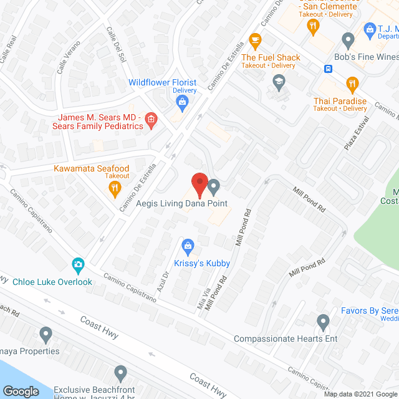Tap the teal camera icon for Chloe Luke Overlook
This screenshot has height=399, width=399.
78,265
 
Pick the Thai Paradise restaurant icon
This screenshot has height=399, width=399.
353,84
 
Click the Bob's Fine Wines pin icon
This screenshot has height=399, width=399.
349,40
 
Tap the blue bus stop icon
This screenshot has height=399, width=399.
327,69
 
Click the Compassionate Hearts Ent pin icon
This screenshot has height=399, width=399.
323,322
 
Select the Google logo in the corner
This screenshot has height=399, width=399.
21,392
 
